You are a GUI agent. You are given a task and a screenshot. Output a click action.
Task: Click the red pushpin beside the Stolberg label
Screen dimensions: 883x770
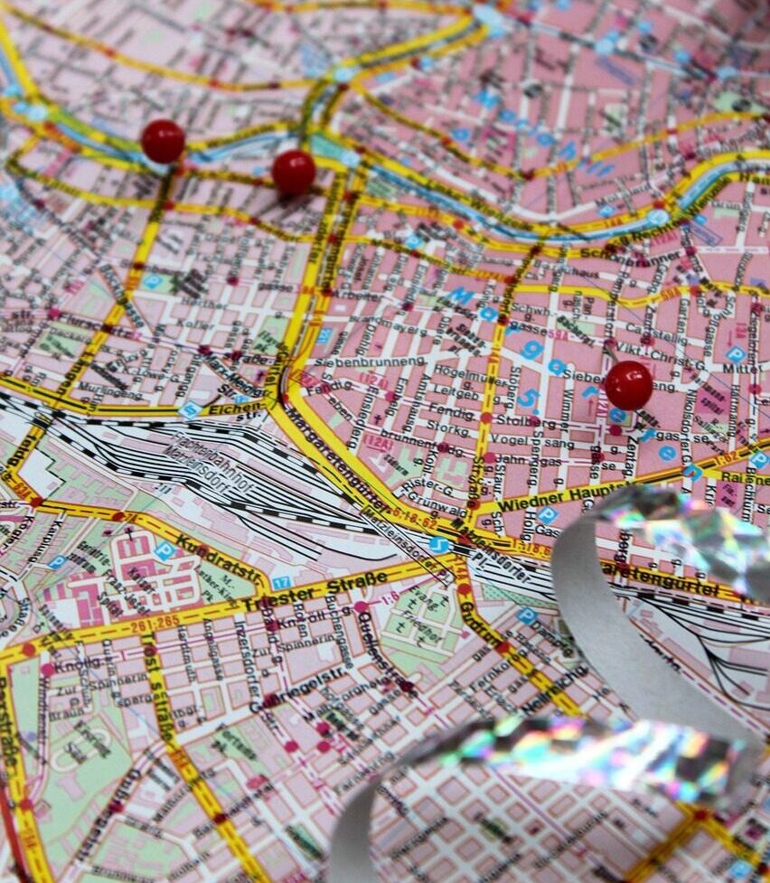coord(628,385)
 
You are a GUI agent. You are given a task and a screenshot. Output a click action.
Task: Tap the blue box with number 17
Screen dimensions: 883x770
coord(282,583)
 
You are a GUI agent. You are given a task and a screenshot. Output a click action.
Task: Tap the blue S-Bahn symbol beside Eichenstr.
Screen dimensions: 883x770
coord(189,409)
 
